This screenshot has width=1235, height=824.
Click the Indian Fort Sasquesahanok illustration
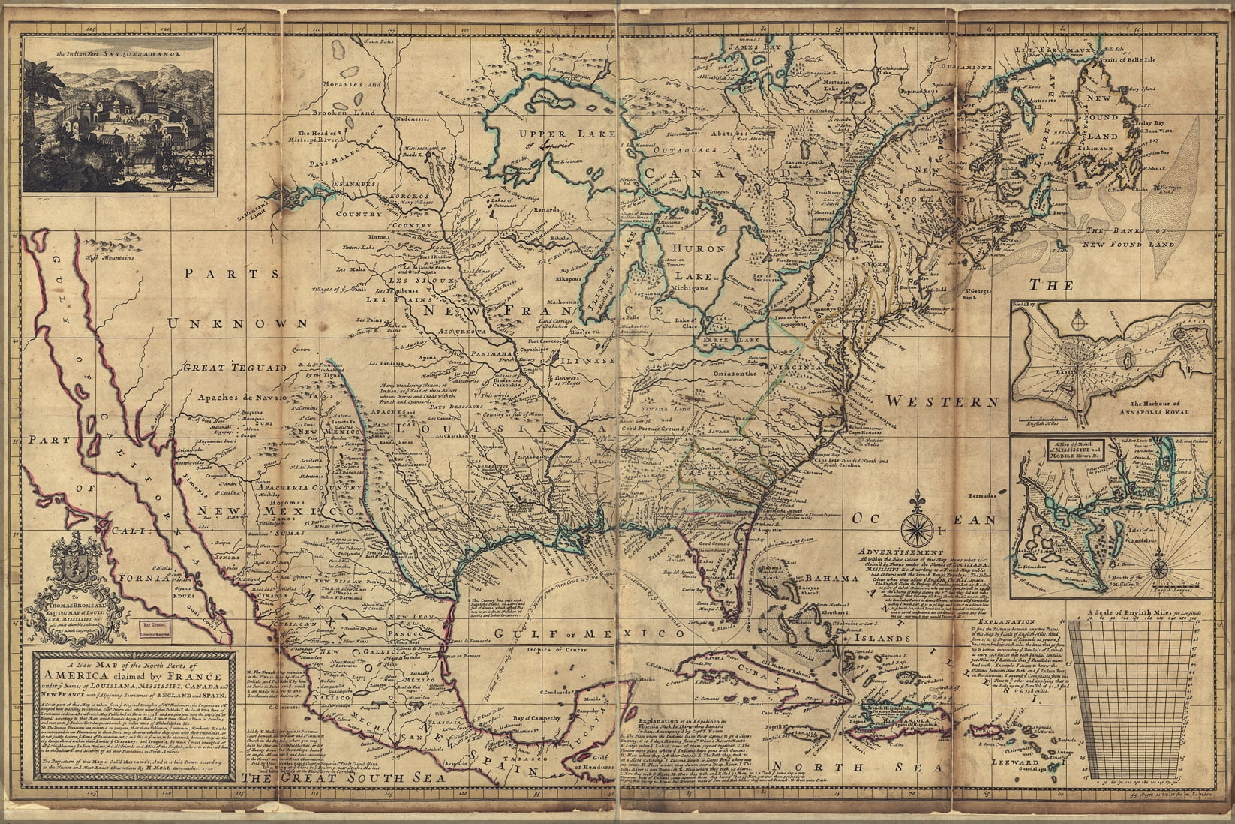click(x=121, y=112)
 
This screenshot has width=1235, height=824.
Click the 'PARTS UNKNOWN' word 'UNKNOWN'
click(x=238, y=323)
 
